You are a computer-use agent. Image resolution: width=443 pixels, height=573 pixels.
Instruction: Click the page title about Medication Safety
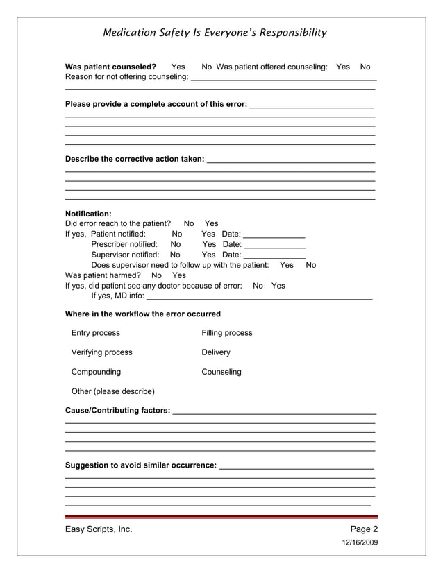tap(215, 33)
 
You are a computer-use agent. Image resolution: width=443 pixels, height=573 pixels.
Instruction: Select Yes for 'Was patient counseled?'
tap(178, 67)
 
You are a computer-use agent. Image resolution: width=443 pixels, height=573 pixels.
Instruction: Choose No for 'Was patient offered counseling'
tap(365, 67)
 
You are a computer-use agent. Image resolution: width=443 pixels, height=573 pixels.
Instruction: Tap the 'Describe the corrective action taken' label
tap(135, 159)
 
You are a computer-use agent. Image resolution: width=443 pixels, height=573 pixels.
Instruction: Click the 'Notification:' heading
tap(88, 214)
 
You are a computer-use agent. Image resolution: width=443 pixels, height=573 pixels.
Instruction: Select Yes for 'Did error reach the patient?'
tap(211, 223)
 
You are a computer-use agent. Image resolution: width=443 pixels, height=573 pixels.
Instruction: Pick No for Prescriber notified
tap(176, 244)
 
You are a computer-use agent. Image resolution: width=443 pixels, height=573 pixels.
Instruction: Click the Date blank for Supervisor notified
tap(274, 256)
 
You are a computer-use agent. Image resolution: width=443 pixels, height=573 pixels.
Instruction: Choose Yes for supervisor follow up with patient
tap(286, 265)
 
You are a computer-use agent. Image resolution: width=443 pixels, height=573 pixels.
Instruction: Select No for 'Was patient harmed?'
tap(156, 275)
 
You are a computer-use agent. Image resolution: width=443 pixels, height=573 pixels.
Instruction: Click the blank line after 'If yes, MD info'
tap(259, 297)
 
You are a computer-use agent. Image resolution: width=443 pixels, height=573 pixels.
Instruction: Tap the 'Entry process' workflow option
tap(96, 333)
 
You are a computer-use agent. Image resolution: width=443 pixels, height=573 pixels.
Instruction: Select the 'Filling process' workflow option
tap(227, 333)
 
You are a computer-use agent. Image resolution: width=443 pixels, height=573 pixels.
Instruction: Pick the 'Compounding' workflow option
tap(96, 372)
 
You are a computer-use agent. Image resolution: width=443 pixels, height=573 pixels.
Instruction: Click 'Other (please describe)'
tap(113, 391)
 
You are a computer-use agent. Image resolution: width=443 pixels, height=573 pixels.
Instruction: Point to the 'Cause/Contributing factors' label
tap(117, 411)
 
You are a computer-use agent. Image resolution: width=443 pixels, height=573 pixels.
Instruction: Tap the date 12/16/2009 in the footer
tap(360, 542)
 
